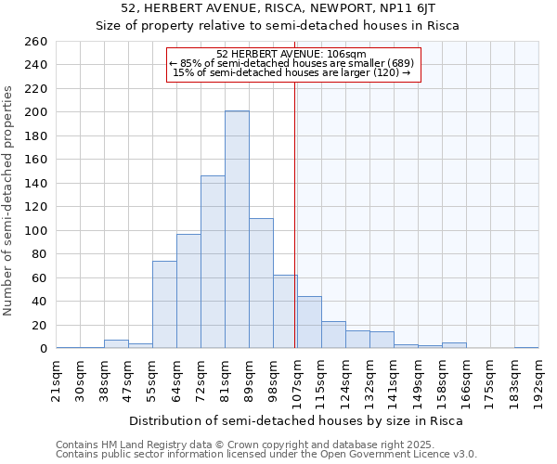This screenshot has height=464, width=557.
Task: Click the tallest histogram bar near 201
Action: [x=237, y=230]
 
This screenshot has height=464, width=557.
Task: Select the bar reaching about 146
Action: [x=213, y=262]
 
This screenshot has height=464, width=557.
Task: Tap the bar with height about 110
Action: [x=261, y=283]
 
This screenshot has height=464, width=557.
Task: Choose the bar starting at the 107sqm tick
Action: [x=309, y=322]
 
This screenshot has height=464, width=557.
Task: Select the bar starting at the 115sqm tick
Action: [x=333, y=335]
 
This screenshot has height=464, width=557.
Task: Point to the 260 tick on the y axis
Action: [x=36, y=42]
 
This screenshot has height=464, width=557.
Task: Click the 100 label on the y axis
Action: [x=36, y=231]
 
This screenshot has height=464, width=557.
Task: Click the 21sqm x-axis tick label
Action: [x=57, y=380]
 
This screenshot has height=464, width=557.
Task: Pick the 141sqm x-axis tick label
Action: [x=395, y=380]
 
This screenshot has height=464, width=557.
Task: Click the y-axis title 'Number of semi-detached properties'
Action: [x=9, y=200]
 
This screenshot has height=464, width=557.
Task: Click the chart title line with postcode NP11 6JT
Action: [x=278, y=9]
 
